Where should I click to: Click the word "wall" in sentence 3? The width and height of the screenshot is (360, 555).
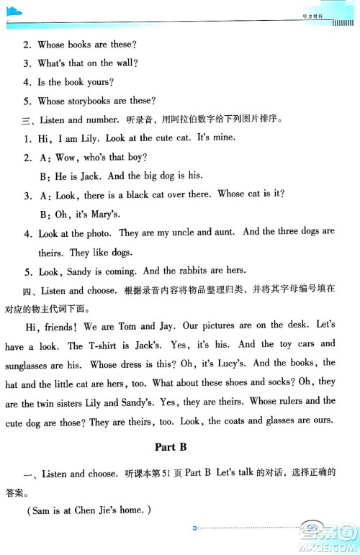(x=122, y=63)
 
